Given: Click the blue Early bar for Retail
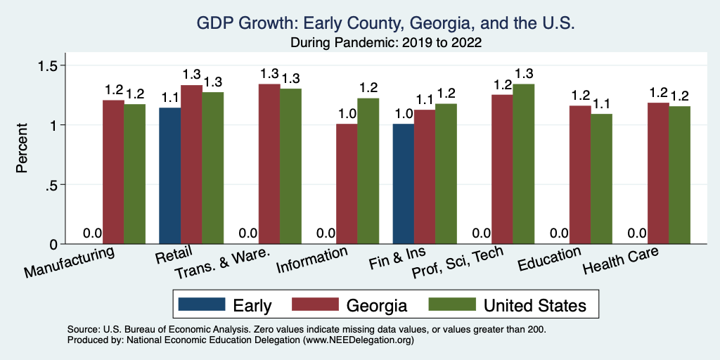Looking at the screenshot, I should pos(170,176).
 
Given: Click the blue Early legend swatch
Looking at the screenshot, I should pos(202,304).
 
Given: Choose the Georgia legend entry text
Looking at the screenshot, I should pos(377,305).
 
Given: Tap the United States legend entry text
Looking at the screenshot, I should pos(535,305).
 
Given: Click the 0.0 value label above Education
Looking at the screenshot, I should pos(560,233).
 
